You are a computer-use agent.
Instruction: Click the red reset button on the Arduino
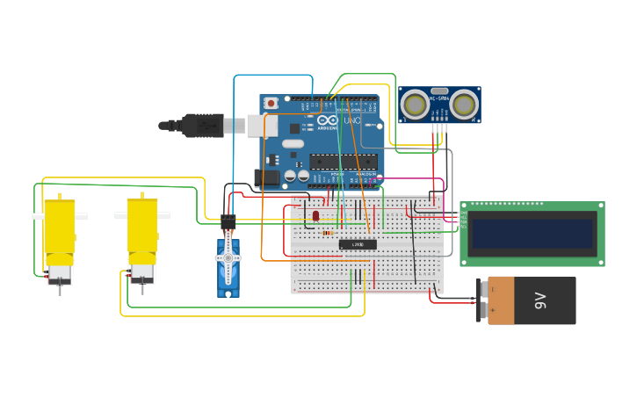tap(271, 103)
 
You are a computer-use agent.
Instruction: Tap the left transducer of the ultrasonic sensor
tap(415, 105)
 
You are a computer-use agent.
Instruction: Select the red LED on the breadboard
tap(315, 215)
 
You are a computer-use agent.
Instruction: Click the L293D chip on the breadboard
tap(357, 244)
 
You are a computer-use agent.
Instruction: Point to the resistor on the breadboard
tap(327, 233)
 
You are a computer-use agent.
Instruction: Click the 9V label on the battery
tap(540, 300)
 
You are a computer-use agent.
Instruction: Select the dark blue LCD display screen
tap(532, 234)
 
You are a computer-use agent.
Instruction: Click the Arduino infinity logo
tap(327, 120)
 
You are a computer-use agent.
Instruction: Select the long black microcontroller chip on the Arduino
tap(343, 161)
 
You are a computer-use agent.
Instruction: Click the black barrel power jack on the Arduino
tap(267, 177)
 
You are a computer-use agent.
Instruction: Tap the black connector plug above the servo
tap(228, 222)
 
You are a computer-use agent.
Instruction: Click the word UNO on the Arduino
tap(351, 120)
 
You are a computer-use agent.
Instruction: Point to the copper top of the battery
tap(500, 300)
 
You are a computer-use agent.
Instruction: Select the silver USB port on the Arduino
tap(256, 126)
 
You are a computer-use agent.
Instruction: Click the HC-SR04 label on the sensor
tap(438, 98)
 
